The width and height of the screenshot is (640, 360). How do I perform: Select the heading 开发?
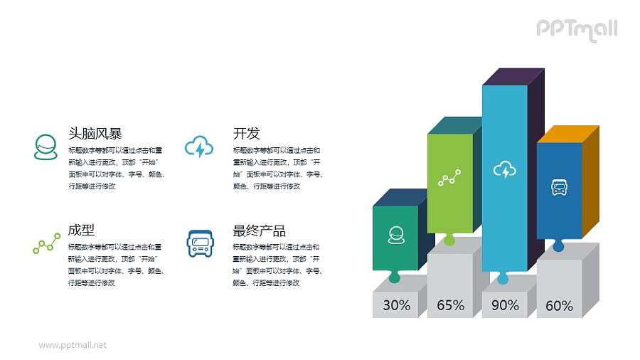(x=246, y=133)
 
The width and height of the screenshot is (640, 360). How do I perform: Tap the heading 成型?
(x=81, y=230)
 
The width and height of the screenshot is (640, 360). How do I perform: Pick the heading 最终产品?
(x=259, y=231)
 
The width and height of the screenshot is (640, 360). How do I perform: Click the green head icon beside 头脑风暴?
(x=46, y=146)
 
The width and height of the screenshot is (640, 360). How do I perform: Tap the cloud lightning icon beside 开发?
(x=199, y=147)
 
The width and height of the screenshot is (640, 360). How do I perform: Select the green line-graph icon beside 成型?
(x=46, y=244)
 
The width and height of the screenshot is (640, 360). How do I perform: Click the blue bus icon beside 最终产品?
(x=199, y=243)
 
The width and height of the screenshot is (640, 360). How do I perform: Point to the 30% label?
(x=396, y=305)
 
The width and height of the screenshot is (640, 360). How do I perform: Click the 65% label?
(x=450, y=305)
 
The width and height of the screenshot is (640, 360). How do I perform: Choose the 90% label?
(x=505, y=305)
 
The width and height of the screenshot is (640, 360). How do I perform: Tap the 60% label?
(x=559, y=306)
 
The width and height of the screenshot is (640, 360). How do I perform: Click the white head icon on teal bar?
(x=396, y=235)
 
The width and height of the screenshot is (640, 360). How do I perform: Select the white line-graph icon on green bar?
(x=449, y=178)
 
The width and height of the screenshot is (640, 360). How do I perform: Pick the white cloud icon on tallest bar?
(x=505, y=170)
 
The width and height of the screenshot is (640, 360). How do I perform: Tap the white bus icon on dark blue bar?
(x=559, y=188)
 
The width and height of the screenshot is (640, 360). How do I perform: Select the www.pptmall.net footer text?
(x=73, y=345)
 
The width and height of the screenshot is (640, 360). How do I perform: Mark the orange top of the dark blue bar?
(x=567, y=134)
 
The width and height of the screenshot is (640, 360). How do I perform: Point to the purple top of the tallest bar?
(x=513, y=76)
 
